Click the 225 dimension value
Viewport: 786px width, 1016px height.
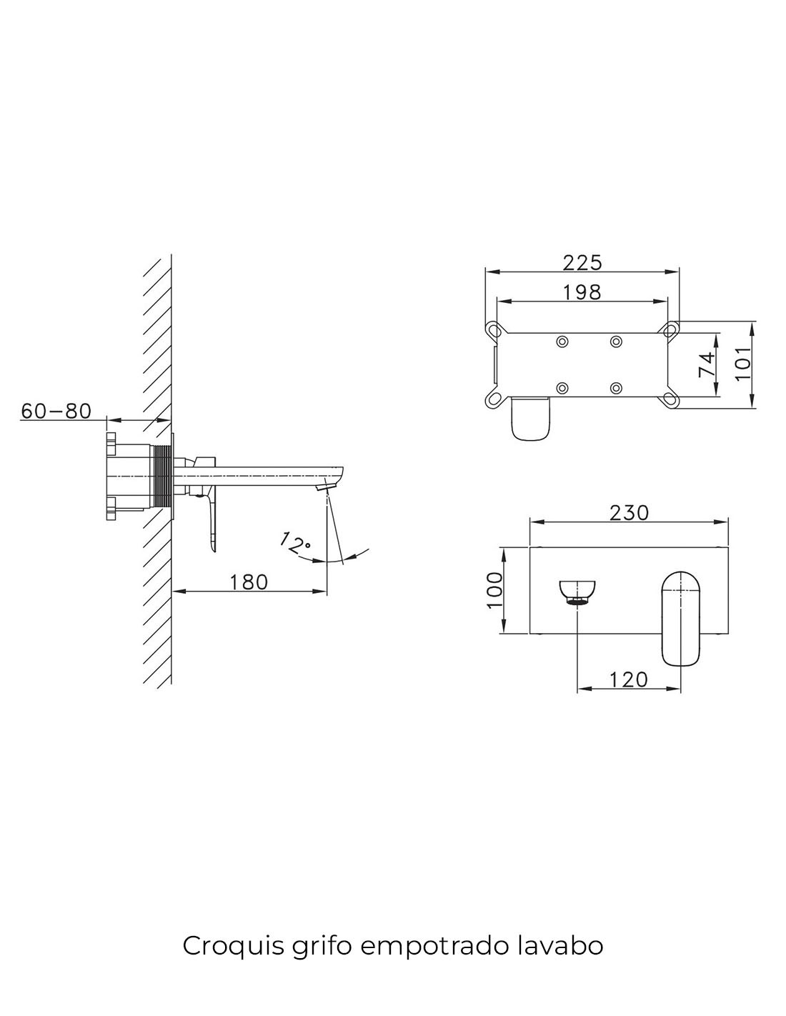tap(582, 263)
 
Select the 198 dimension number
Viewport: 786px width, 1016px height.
tap(582, 293)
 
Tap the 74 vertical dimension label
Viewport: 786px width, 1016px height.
tap(707, 364)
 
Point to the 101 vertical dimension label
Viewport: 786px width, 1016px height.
tap(742, 364)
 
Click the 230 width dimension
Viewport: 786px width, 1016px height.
tap(629, 513)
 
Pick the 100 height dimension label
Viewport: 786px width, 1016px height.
tap(494, 590)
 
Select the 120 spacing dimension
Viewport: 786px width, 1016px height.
tap(628, 679)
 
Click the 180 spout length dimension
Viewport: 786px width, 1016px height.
tap(249, 582)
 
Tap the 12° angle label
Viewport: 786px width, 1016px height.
tap(295, 543)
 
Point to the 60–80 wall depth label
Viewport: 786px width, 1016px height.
tap(56, 411)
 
